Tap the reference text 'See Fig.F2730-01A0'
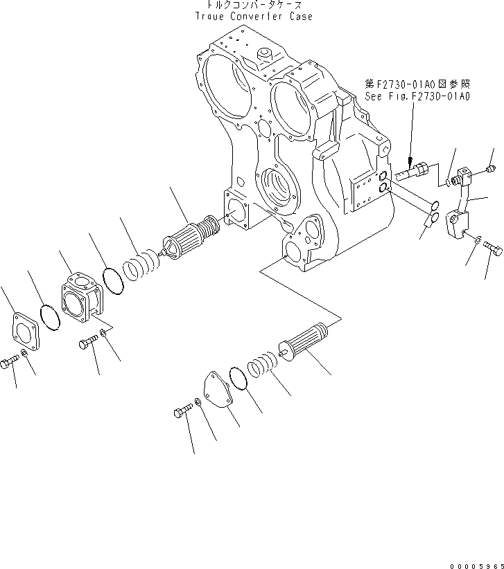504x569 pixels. pos(417,97)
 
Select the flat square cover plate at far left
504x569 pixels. pos(28,330)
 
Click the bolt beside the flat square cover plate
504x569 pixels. pos(10,361)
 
